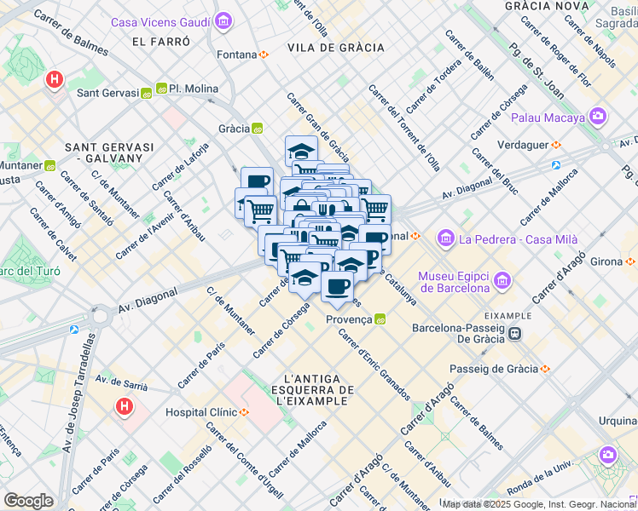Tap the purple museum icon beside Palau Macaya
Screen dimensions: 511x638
click(x=598, y=116)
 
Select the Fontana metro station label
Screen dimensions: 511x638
click(x=237, y=55)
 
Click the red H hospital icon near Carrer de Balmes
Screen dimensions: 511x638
click(x=55, y=80)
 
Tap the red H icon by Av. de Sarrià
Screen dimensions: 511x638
click(x=125, y=407)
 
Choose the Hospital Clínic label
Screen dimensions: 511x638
click(x=200, y=412)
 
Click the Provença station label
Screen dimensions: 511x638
click(x=349, y=319)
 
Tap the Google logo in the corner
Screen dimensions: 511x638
click(x=28, y=501)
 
